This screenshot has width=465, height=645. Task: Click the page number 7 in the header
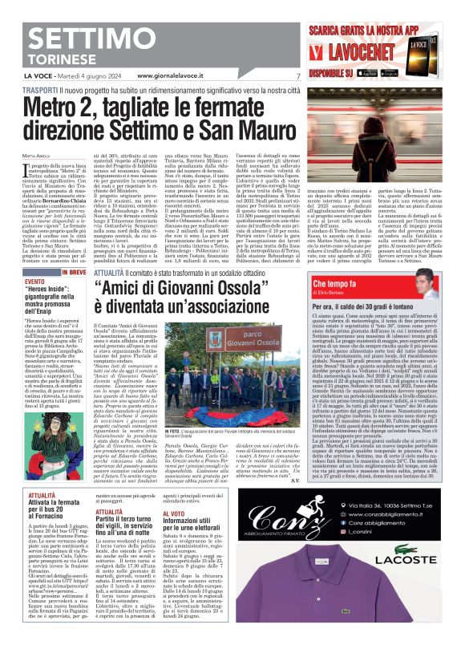(297, 75)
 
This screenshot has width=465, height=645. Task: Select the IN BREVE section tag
(71, 274)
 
